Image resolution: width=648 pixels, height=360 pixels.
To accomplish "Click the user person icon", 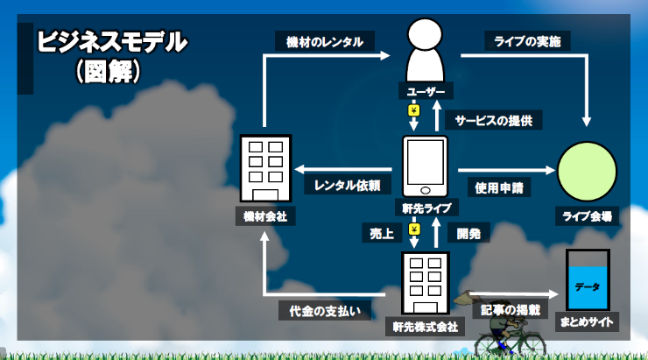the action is [x=426, y=50].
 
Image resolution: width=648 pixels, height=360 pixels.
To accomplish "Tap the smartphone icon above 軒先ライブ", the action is [x=426, y=166].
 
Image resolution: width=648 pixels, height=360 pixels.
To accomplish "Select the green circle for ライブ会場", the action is [x=587, y=172].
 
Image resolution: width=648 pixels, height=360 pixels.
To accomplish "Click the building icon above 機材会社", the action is [x=265, y=168].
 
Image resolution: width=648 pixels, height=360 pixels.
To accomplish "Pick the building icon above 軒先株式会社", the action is [x=426, y=283].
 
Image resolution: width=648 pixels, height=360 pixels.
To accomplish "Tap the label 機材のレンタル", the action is [x=325, y=41].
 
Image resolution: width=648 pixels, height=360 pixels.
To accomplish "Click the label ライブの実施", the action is [x=527, y=41].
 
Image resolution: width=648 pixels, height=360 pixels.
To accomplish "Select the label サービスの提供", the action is [x=493, y=120].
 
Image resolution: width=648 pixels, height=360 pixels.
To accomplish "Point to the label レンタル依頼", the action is [x=347, y=185].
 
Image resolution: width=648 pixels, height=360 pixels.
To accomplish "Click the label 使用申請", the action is [x=499, y=187].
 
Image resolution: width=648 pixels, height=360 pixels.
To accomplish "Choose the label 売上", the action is [x=382, y=234].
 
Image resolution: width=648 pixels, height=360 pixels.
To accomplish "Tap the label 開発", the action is [x=468, y=234].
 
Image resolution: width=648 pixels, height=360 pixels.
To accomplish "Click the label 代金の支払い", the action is [x=324, y=311].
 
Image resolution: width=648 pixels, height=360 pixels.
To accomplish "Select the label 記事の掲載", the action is [x=511, y=310].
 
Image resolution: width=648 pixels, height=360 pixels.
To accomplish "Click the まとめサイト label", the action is [x=587, y=322].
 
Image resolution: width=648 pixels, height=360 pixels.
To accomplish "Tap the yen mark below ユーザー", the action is [x=413, y=110].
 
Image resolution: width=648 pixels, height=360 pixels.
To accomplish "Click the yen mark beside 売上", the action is [x=414, y=229].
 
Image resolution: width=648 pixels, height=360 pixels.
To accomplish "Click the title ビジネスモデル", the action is [x=112, y=42].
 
